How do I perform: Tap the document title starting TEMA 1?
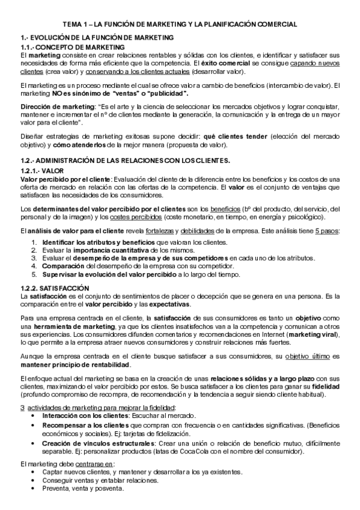click(179, 25)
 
